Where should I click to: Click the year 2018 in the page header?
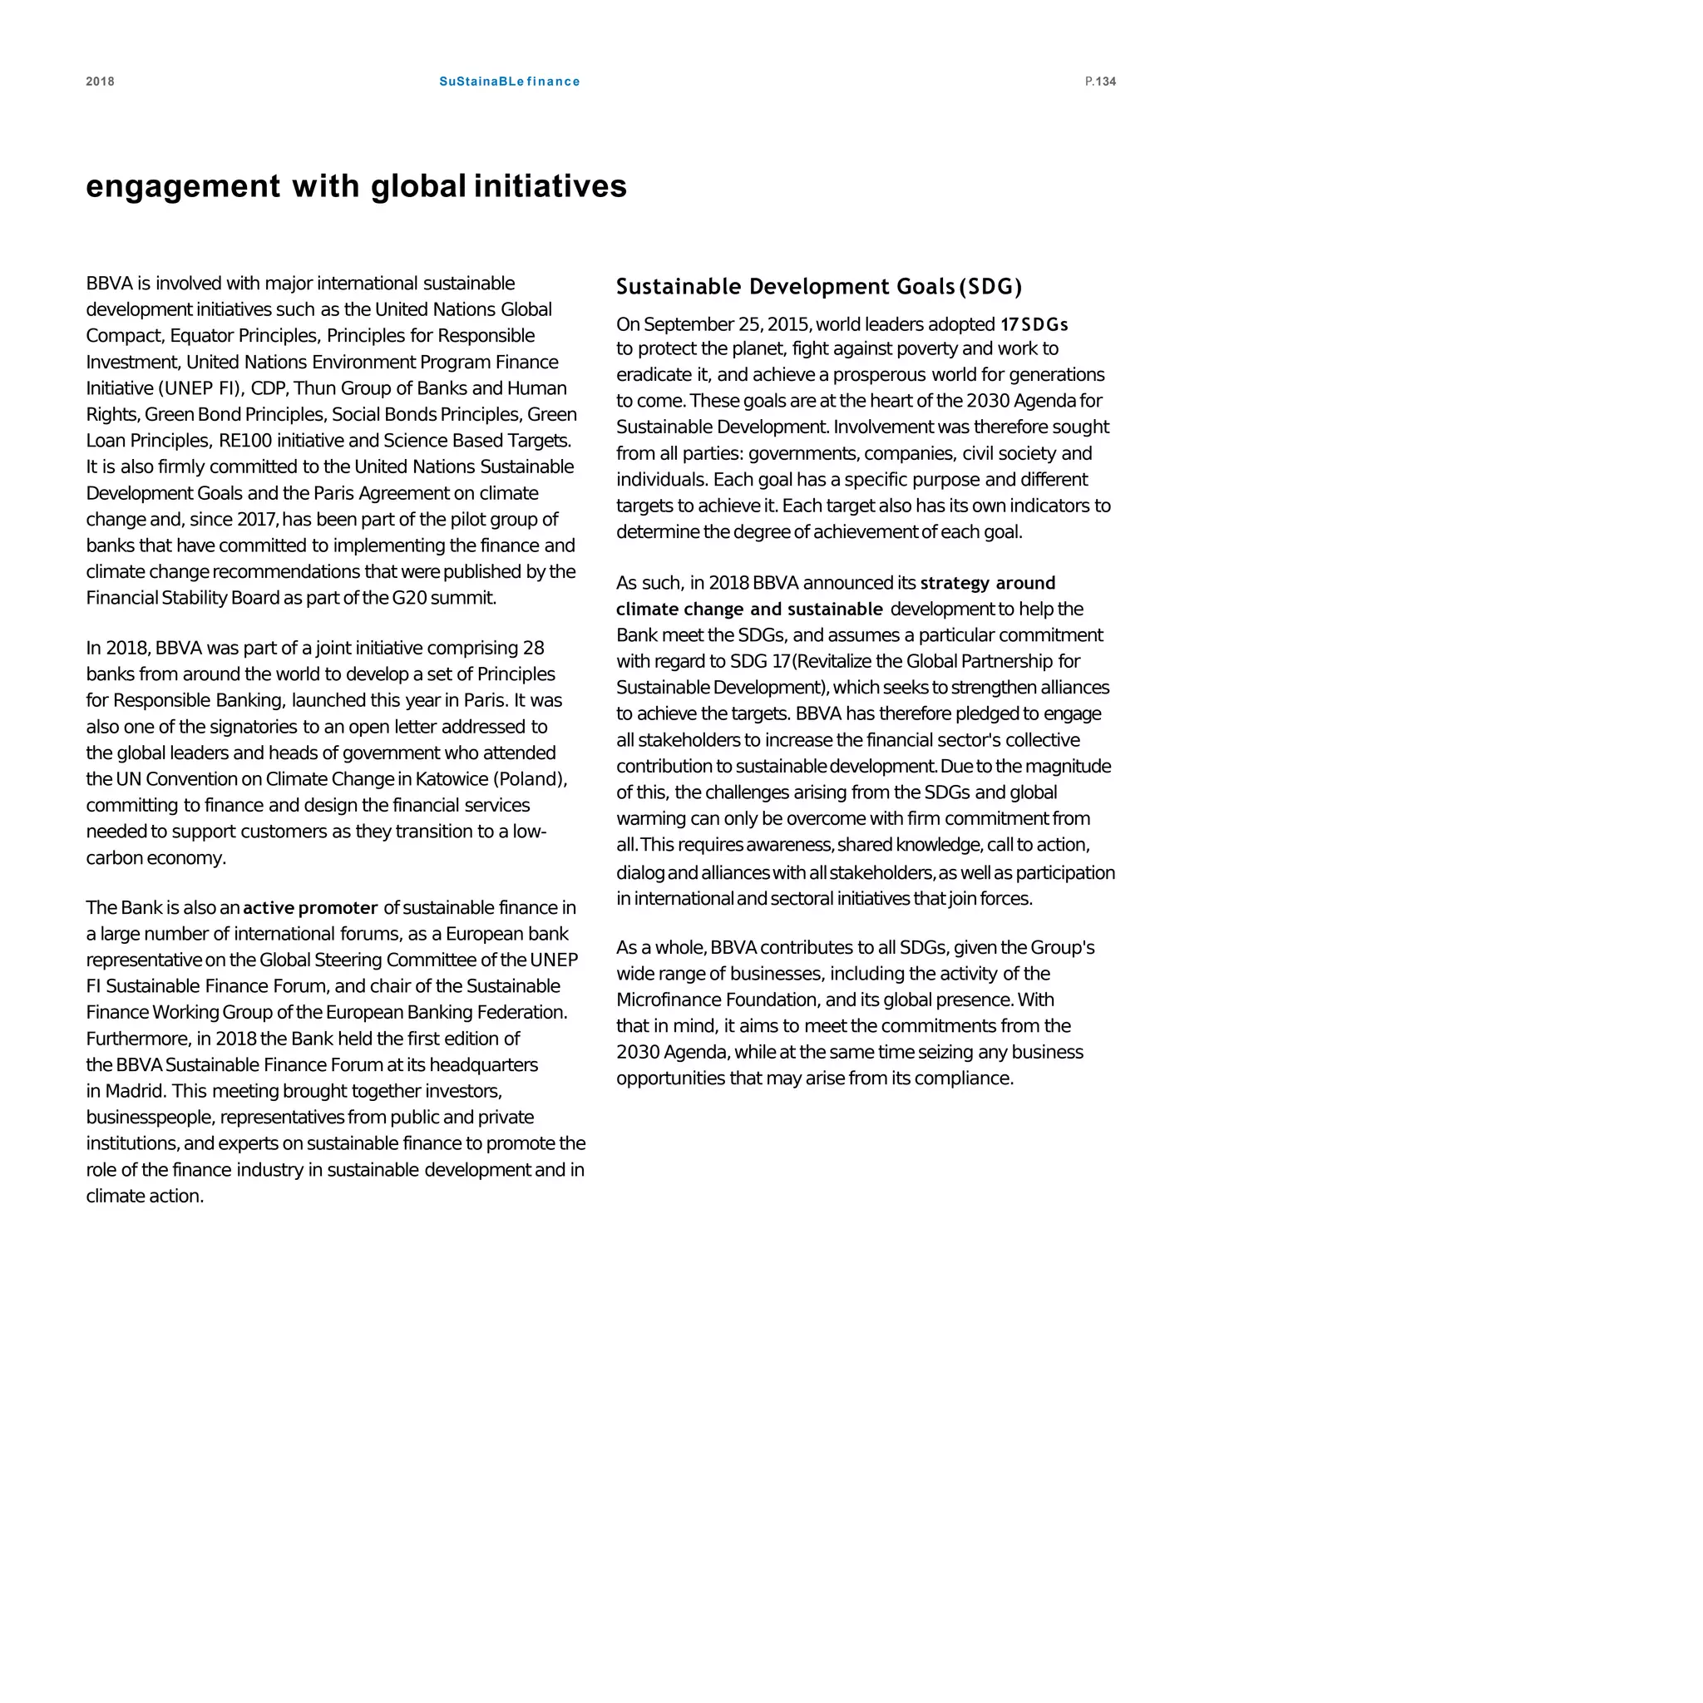pyautogui.click(x=100, y=81)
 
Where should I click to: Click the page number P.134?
pyautogui.click(x=1100, y=81)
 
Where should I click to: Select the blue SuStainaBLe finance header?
pyautogui.click(x=510, y=81)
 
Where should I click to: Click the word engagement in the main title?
pyautogui.click(x=182, y=186)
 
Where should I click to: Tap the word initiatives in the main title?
pyautogui.click(x=550, y=186)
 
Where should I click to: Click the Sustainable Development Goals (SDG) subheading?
pyautogui.click(x=819, y=287)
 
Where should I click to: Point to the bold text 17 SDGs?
pyautogui.click(x=1034, y=324)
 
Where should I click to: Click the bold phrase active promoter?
pyautogui.click(x=310, y=908)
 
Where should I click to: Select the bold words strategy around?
pyautogui.click(x=987, y=583)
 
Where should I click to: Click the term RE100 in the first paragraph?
pyautogui.click(x=245, y=440)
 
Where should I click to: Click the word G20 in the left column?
pyautogui.click(x=409, y=598)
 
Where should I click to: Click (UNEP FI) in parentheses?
pyautogui.click(x=200, y=387)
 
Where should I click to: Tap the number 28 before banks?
pyautogui.click(x=533, y=648)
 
